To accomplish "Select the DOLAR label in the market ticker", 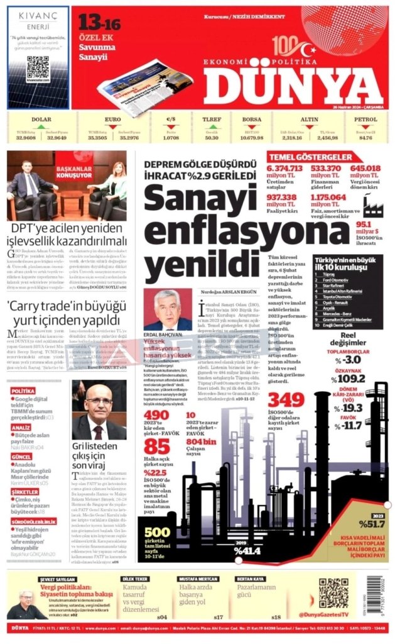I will (x=41, y=119).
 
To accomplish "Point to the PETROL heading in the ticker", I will (x=365, y=119).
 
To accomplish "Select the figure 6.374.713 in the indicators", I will (x=284, y=169).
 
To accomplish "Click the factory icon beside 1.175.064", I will (x=372, y=204).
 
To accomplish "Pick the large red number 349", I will (x=286, y=400).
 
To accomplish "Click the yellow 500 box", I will (x=156, y=533).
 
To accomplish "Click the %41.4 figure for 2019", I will (x=247, y=551).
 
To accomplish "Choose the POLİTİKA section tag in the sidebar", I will (x=23, y=391).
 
